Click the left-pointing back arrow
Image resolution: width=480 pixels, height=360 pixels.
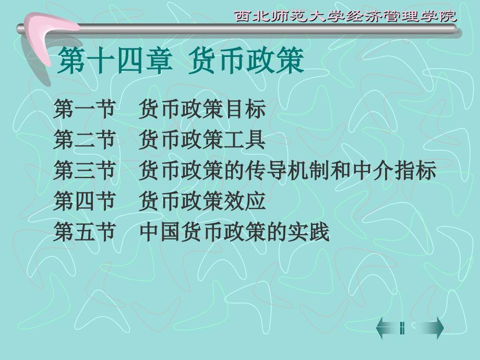[x=387, y=328]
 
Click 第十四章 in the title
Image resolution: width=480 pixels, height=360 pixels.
[x=115, y=61]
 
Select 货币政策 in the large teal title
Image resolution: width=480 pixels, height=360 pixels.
[x=246, y=61]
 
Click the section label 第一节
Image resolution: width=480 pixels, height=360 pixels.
[x=84, y=109]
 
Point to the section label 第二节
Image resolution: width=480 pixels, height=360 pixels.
[x=84, y=140]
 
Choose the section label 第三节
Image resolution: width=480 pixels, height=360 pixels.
[x=84, y=170]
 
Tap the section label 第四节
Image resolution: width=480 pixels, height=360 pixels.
[x=84, y=201]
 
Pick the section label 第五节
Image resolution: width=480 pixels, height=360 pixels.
[x=84, y=232]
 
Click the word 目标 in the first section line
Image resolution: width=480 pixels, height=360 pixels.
[x=245, y=109]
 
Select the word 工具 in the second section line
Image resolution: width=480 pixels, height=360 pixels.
[x=245, y=140]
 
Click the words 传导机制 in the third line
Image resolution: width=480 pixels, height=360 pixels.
[x=287, y=170]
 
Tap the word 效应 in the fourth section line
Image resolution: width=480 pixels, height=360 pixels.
[x=245, y=201]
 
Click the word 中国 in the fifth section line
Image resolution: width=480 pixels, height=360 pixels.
[x=160, y=232]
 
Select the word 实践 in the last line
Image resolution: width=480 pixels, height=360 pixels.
[x=308, y=232]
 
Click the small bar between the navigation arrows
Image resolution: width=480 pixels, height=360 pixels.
[x=402, y=328]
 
